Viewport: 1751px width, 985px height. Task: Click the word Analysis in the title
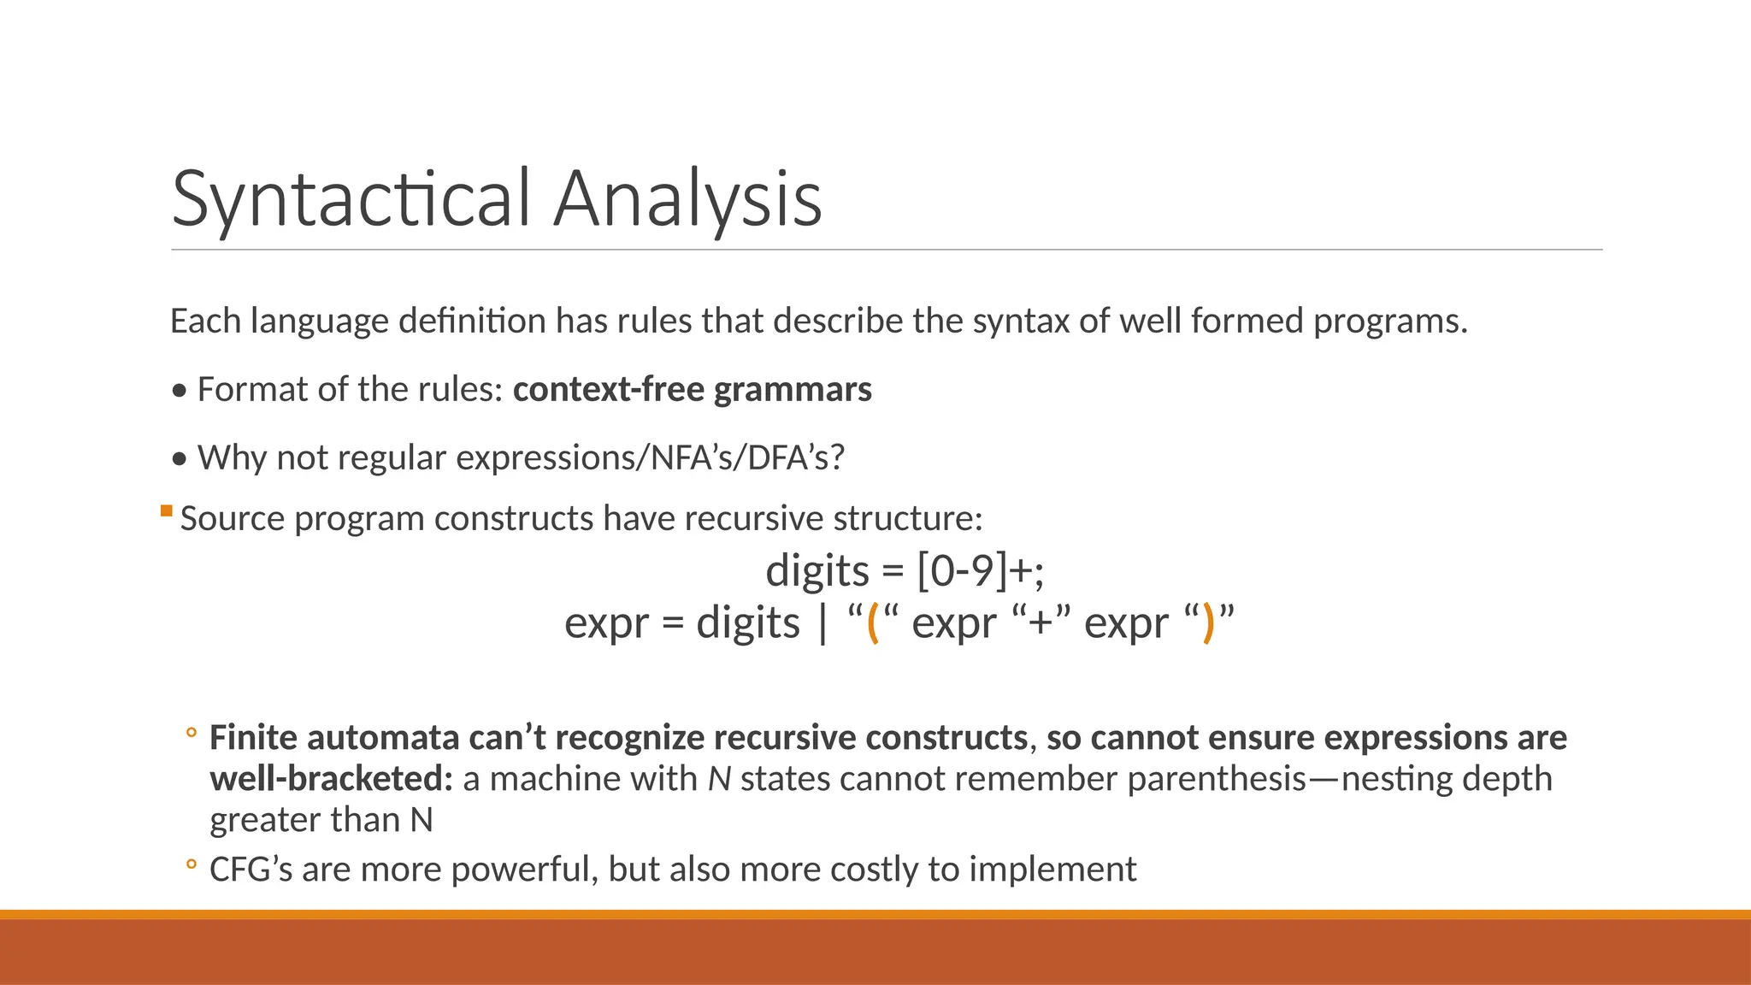[687, 198]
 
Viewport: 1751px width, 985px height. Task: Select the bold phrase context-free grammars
[692, 390]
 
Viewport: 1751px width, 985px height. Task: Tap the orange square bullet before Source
[166, 511]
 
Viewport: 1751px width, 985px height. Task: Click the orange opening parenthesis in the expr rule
[873, 622]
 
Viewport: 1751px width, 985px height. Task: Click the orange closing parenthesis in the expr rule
[1207, 622]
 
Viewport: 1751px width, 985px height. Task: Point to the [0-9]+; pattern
[980, 570]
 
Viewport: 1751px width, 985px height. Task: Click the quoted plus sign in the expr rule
[1041, 622]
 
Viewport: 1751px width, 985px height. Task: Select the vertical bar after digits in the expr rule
[822, 622]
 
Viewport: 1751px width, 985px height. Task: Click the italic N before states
[719, 779]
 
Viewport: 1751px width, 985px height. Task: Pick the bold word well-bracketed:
[331, 779]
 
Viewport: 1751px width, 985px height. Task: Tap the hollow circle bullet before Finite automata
[192, 733]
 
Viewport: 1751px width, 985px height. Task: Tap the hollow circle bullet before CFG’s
[192, 864]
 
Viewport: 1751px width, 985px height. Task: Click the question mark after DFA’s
[837, 458]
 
